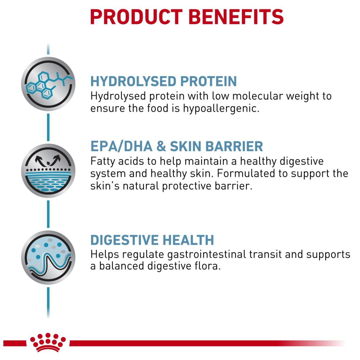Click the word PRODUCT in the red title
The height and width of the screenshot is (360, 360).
pos(136,17)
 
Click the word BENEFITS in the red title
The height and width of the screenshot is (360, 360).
pos(236,17)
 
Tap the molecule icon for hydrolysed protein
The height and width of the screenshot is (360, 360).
pos(48,84)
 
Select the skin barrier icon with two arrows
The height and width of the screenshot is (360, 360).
pos(48,171)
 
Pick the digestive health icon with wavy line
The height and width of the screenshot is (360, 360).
pos(48,257)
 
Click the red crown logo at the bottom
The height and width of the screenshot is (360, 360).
pos(48,342)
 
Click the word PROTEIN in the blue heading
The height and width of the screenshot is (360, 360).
pos(208,81)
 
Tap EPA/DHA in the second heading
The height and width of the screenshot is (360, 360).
pos(121,146)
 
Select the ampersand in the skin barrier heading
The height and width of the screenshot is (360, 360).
pos(161,146)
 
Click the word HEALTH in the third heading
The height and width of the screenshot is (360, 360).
pos(188,240)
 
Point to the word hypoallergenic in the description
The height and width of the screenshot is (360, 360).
pos(221,108)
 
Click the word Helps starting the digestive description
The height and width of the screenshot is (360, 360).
pos(105,255)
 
